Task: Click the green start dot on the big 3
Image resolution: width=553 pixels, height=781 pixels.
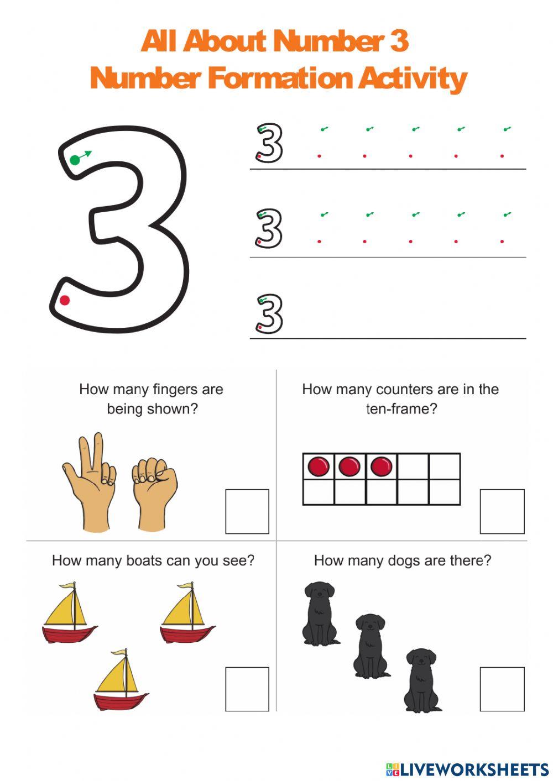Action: click(75, 160)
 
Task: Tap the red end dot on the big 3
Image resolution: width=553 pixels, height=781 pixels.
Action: click(65, 300)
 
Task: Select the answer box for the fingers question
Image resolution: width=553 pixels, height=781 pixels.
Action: click(247, 511)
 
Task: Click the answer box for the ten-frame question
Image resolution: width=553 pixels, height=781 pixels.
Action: click(502, 511)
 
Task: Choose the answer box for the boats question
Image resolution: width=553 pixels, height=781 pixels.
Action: click(247, 689)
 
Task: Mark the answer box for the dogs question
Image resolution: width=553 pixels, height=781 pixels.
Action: click(502, 689)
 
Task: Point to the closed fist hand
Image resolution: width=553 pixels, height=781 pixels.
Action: click(154, 492)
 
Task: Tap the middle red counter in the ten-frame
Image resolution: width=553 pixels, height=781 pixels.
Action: click(349, 466)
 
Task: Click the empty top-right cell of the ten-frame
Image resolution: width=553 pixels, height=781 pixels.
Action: click(445, 466)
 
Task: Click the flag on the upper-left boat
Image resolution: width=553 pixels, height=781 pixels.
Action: click(67, 585)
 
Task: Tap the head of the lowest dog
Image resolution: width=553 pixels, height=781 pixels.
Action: click(421, 659)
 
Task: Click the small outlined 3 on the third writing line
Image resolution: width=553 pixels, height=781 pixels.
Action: click(269, 314)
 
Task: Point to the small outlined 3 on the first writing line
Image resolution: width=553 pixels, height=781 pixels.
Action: click(269, 143)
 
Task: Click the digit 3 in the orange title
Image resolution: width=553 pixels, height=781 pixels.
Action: click(399, 41)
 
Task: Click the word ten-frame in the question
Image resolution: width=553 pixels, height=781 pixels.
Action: click(401, 409)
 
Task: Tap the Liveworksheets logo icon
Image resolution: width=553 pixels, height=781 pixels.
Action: click(393, 769)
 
